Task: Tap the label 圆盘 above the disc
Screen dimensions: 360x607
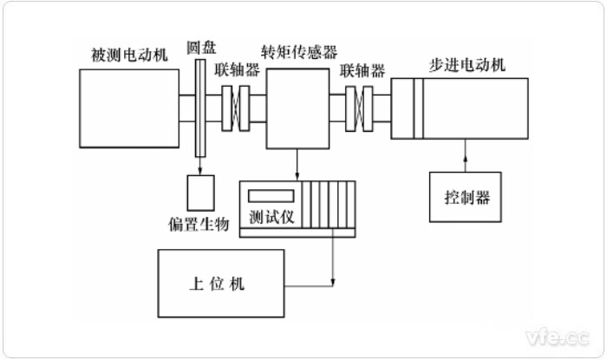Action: (x=200, y=43)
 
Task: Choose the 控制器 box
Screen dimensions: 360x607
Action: (x=466, y=197)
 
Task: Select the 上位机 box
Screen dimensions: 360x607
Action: (x=220, y=283)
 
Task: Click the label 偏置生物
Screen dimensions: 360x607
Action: (x=199, y=224)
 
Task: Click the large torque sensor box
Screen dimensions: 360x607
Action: (x=297, y=108)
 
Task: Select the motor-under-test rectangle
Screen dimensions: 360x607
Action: (x=128, y=108)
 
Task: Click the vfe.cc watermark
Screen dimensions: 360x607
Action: (x=554, y=335)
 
